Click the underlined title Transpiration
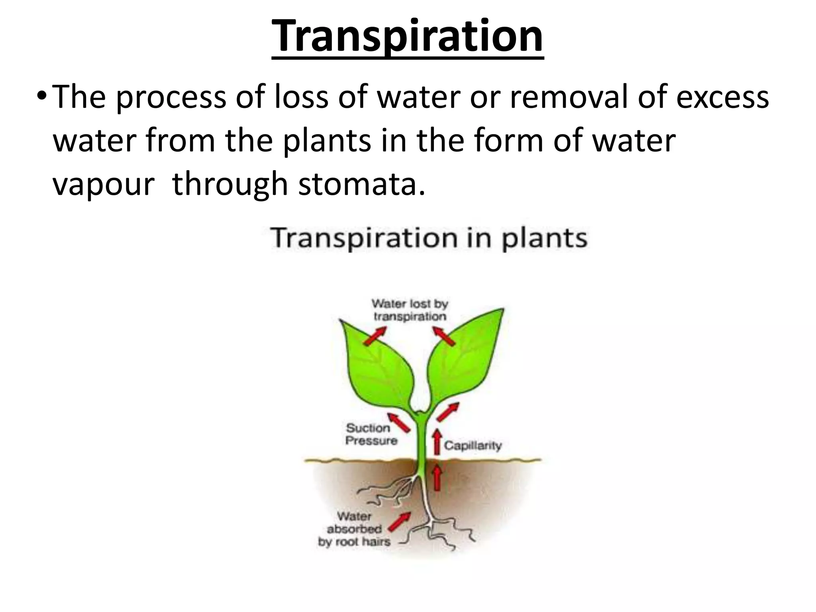(407, 37)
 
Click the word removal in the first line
(570, 97)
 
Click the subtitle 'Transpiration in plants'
(429, 238)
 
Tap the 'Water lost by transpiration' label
(410, 310)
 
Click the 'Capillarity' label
(473, 445)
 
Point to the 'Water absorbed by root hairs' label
(354, 529)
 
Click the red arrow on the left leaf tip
(375, 335)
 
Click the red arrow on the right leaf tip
(444, 336)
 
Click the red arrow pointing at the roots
(400, 522)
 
